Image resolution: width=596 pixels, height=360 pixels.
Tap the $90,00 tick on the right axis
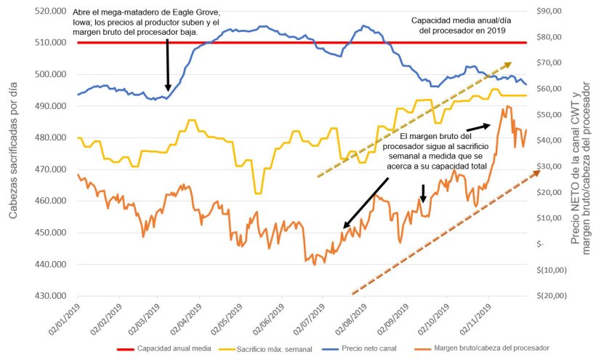click(x=551, y=12)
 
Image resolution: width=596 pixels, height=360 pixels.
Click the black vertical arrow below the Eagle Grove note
click(x=168, y=65)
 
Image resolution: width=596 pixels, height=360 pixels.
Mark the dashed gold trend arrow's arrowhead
click(x=507, y=65)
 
